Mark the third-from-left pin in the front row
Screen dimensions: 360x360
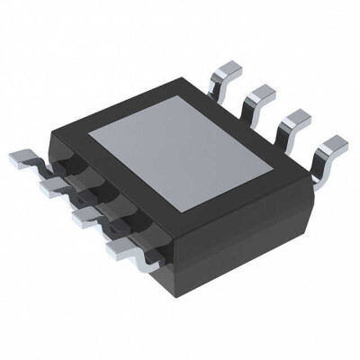pyautogui.click(x=83, y=217)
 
